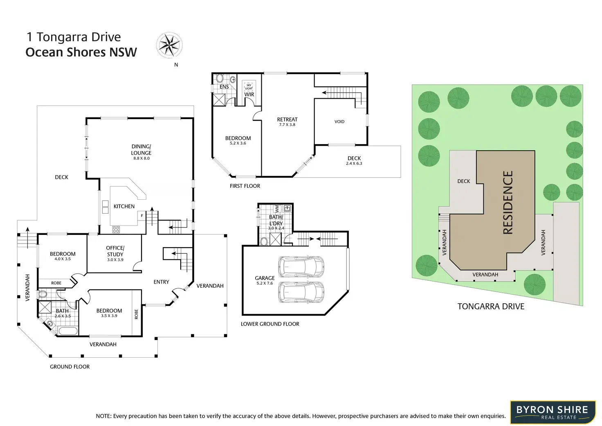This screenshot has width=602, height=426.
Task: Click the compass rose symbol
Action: [169, 45]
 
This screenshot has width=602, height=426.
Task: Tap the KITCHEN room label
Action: [124, 206]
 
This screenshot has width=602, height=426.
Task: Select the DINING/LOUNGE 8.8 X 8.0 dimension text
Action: [142, 158]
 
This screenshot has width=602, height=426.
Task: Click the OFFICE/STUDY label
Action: [115, 251]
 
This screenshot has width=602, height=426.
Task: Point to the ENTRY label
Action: [161, 282]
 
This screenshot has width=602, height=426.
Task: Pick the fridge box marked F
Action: [142, 215]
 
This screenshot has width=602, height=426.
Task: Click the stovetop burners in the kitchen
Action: [116, 230]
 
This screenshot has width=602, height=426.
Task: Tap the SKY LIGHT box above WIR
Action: [249, 87]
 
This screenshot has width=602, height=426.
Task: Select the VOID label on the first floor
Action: [339, 122]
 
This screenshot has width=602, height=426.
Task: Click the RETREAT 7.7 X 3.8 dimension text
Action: [287, 125]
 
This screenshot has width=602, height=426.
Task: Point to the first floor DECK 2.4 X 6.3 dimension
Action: [354, 164]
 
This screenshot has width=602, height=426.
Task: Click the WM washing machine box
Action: [277, 208]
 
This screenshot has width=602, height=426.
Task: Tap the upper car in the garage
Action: [301, 266]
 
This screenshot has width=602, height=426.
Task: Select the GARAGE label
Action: [265, 278]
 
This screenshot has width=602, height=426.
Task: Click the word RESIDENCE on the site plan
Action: [508, 203]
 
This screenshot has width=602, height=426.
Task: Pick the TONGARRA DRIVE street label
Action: [491, 307]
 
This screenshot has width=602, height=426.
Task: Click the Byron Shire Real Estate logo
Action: [552, 412]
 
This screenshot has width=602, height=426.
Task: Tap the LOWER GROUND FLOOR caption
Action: [270, 324]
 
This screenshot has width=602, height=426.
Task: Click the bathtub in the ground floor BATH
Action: [68, 331]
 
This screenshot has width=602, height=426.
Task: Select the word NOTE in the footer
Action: [103, 416]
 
